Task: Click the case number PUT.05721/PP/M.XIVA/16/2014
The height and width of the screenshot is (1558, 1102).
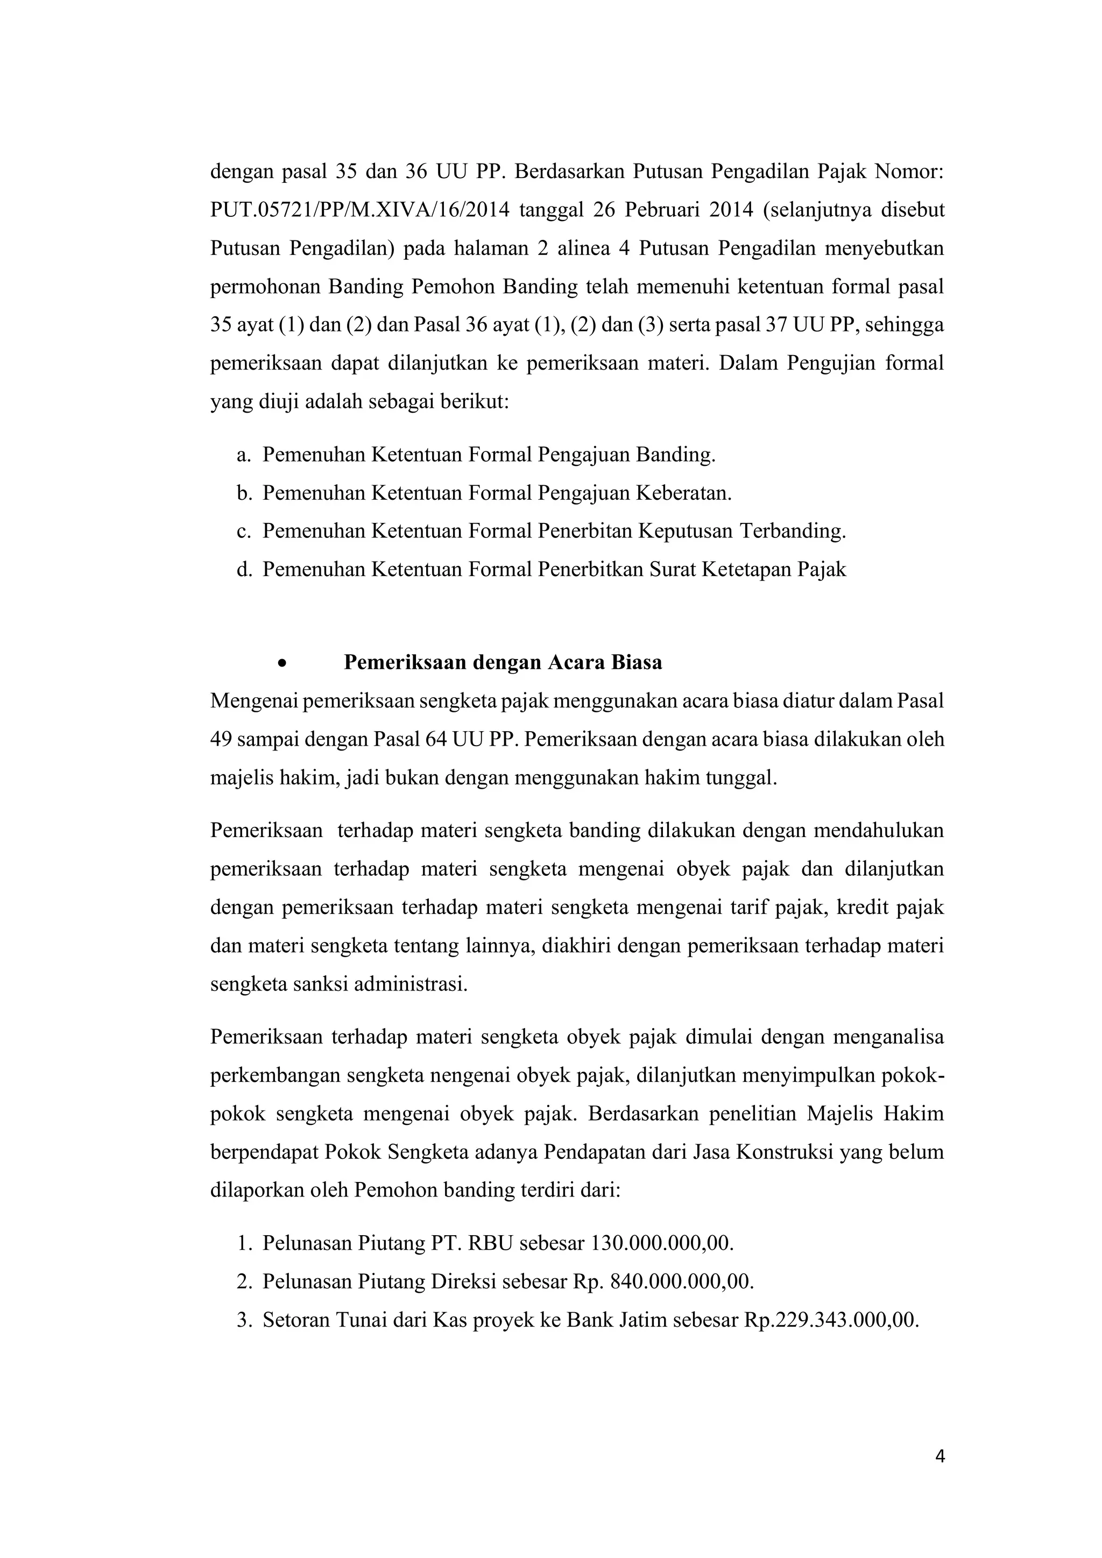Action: pos(359,210)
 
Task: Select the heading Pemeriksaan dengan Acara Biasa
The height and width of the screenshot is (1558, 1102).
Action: pos(503,662)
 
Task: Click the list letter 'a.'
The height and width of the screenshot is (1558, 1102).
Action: pos(244,454)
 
